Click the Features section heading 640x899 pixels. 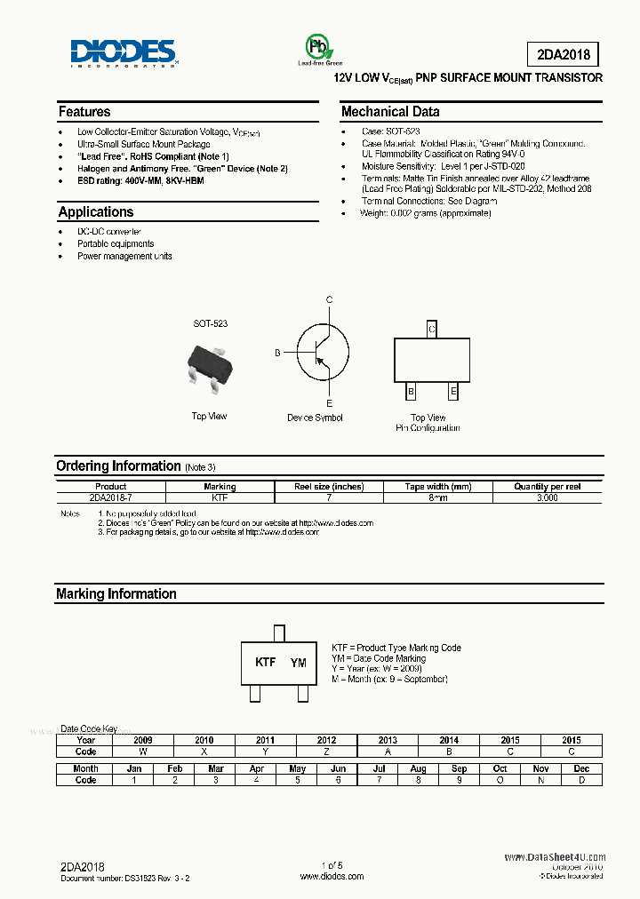tap(84, 112)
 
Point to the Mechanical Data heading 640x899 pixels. tap(390, 112)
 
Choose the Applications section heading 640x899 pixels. tap(95, 212)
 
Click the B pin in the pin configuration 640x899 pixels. tap(411, 391)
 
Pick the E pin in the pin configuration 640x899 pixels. tap(453, 391)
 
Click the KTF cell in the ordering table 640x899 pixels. tap(220, 498)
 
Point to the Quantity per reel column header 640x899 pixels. tap(547, 487)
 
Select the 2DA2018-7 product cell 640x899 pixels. tap(110, 498)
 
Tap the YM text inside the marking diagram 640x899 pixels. tap(299, 663)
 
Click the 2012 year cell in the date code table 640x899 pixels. tap(326, 740)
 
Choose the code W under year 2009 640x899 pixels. tap(143, 752)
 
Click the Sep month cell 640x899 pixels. tap(459, 768)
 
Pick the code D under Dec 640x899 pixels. tap(581, 780)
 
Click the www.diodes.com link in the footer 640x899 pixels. tap(332, 876)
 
